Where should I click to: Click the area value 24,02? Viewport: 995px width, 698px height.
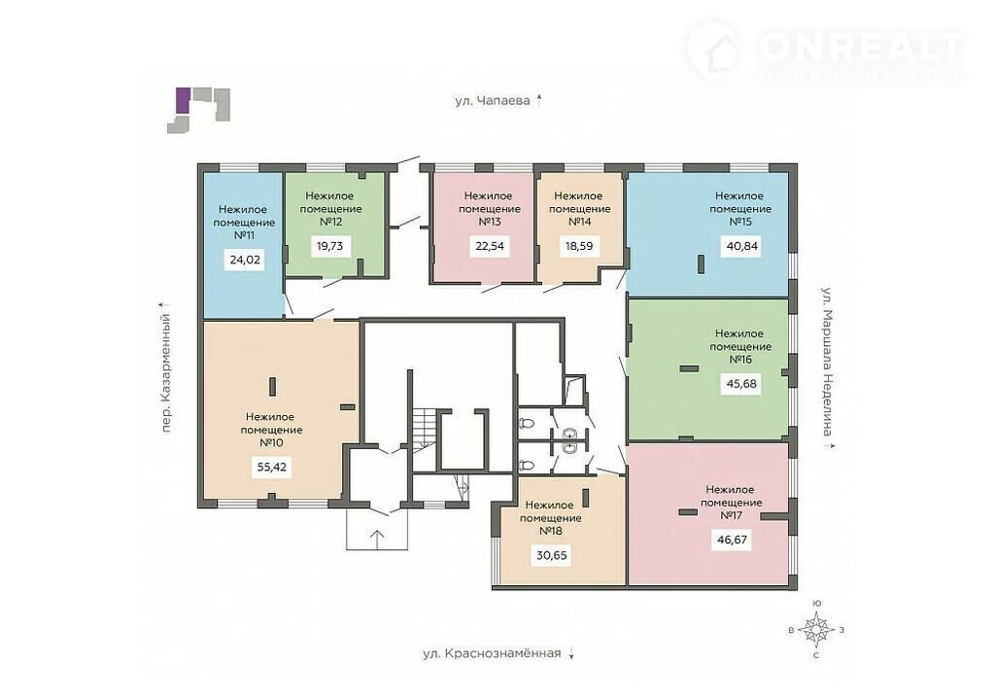pos(246,260)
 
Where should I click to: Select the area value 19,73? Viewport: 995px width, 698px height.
pos(329,246)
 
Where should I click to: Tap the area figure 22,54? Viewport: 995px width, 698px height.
pos(490,246)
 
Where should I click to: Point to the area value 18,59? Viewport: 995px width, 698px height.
pos(579,246)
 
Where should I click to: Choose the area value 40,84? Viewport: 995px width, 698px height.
pos(741,246)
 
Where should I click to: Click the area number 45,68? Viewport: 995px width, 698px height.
pos(741,384)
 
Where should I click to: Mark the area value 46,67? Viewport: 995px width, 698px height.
pos(732,541)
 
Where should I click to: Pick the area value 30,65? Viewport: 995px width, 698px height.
pos(552,556)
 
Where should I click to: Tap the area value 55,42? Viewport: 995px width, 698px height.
pos(272,468)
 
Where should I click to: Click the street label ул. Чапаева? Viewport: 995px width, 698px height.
pos(493,100)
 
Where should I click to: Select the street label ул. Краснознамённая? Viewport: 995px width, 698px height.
pos(492,653)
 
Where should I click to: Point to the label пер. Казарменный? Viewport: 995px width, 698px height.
pos(166,373)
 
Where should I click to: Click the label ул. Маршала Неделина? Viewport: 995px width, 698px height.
pos(828,362)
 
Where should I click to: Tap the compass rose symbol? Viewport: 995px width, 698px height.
pos(816,629)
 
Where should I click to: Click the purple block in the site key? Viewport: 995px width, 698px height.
pos(182,100)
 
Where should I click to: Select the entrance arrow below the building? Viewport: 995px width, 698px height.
pos(377,540)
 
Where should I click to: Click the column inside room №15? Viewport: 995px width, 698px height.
pos(701,264)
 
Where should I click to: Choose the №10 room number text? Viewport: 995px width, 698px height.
pos(271,442)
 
